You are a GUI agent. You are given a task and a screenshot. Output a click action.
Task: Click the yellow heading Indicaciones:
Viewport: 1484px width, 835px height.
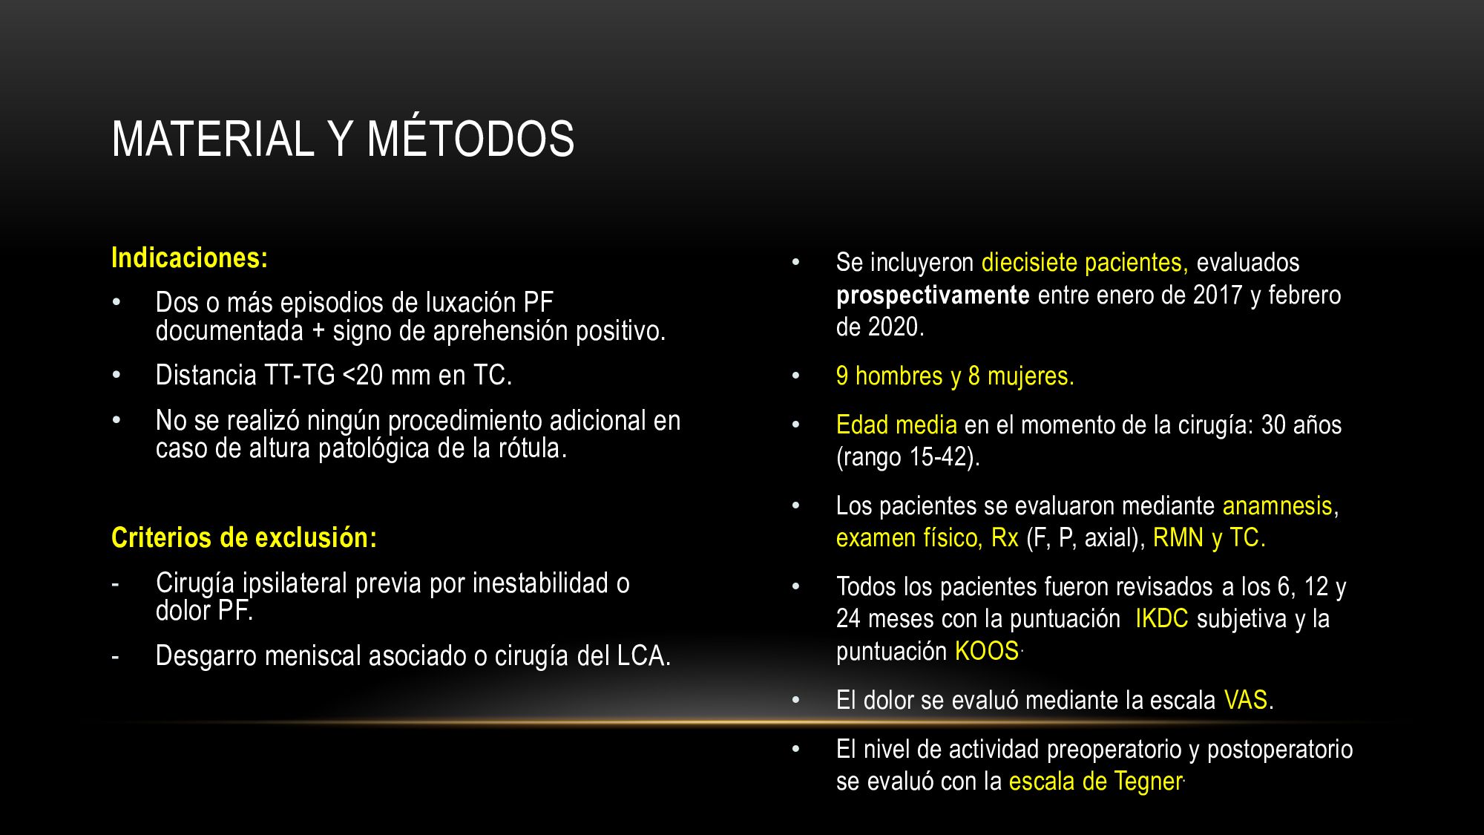point(189,258)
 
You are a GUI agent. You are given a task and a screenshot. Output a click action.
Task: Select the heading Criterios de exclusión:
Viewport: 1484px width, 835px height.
point(244,537)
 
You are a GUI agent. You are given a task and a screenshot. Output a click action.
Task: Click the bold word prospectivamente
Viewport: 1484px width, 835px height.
point(933,295)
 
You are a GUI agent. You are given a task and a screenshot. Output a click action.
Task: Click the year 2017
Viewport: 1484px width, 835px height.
point(1218,295)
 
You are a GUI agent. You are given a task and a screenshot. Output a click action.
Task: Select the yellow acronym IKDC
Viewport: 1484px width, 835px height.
point(1162,618)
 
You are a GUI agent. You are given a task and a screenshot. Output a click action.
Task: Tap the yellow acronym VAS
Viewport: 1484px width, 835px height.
point(1246,700)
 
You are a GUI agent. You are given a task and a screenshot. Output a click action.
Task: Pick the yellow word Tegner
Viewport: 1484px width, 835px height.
point(1149,782)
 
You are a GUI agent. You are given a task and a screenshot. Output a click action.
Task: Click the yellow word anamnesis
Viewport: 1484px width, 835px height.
point(1278,505)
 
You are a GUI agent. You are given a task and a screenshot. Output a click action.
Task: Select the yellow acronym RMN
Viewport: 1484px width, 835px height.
point(1178,537)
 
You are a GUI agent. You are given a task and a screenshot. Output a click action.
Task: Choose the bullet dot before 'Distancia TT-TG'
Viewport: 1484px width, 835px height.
point(116,376)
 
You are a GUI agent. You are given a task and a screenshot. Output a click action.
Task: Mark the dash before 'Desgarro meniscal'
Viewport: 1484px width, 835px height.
point(115,657)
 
